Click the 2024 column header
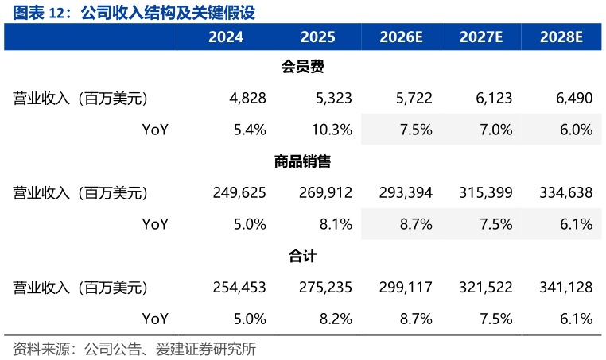click(x=226, y=37)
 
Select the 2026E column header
click(x=401, y=37)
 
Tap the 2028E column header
click(x=561, y=37)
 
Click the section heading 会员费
click(x=303, y=67)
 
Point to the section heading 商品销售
click(x=303, y=161)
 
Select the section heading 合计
click(x=303, y=256)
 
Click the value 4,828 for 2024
click(x=248, y=98)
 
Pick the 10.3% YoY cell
click(x=332, y=130)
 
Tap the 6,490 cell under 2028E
click(x=574, y=98)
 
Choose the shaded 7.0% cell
click(x=496, y=130)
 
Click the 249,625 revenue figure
click(x=239, y=193)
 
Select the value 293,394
click(x=406, y=193)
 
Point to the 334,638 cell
click(x=566, y=193)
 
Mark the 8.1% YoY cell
click(x=336, y=224)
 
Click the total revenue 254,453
click(x=239, y=288)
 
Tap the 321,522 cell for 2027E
click(x=486, y=288)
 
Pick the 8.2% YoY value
click(x=336, y=319)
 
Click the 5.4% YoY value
click(x=250, y=130)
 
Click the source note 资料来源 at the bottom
click(x=41, y=349)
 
